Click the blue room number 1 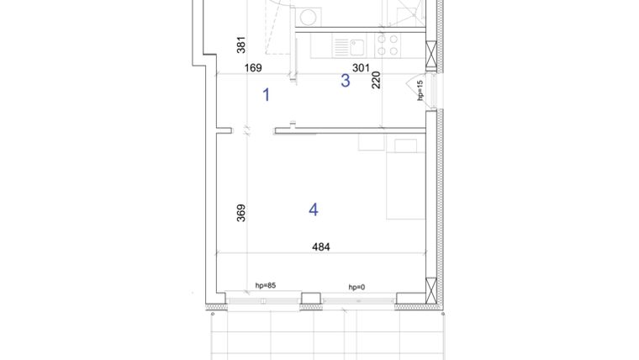(267, 94)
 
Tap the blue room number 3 (345, 81)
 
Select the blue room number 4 (314, 209)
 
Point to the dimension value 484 (321, 246)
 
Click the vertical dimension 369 (240, 214)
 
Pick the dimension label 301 (361, 68)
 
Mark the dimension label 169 (253, 68)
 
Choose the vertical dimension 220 (376, 80)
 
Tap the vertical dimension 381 (240, 45)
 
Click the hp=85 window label (266, 286)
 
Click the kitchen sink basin (342, 45)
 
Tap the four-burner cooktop (387, 45)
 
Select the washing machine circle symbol (309, 15)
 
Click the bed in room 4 (406, 178)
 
